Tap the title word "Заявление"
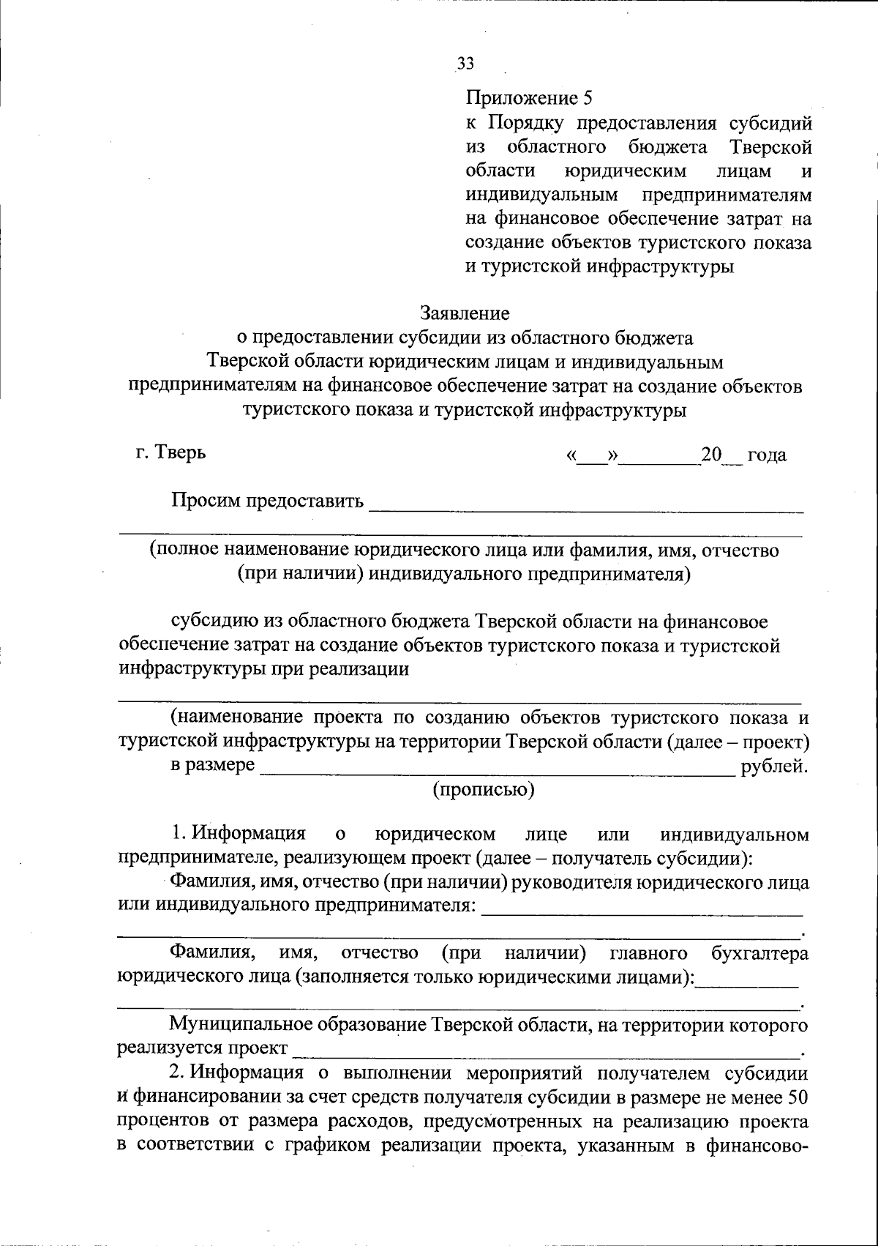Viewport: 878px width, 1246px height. [465, 313]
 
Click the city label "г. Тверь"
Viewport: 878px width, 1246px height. [170, 452]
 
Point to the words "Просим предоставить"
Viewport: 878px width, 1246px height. [267, 501]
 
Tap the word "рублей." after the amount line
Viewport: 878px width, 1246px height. [775, 766]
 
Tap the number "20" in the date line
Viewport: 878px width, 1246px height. [710, 455]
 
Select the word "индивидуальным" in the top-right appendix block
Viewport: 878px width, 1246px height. [543, 195]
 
